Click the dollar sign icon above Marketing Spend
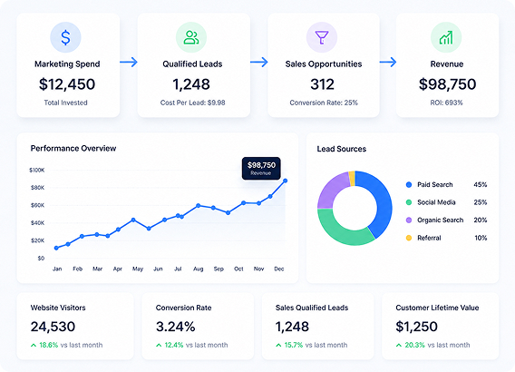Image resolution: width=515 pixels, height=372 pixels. pos(65,37)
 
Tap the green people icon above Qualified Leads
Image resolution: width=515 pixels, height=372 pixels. pos(191,37)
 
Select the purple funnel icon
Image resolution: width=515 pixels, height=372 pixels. pos(322,37)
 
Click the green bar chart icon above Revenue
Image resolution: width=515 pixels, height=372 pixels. pos(446,37)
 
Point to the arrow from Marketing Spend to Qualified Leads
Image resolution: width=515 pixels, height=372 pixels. pos(129,62)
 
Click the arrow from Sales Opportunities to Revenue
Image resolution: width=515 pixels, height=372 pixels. pos(388,62)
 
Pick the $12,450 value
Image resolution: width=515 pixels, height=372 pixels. pos(67,84)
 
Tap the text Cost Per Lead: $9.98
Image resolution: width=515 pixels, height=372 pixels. pos(193,103)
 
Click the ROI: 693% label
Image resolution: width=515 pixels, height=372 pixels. pos(446,103)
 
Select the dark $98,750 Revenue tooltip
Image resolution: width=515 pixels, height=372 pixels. pos(261,168)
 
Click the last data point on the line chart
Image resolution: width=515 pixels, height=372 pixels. pos(285,181)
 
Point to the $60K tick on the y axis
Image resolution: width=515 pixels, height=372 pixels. pos(37,205)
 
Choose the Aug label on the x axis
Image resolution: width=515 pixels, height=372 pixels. pos(198,269)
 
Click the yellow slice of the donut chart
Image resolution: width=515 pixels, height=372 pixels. pos(352,179)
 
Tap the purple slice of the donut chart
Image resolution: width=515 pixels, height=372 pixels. pos(332,191)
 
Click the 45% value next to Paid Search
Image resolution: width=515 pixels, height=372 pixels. pos(481,185)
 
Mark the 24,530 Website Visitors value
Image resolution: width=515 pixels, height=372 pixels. pos(53,327)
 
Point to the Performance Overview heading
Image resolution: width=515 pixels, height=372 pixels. pos(73,148)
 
